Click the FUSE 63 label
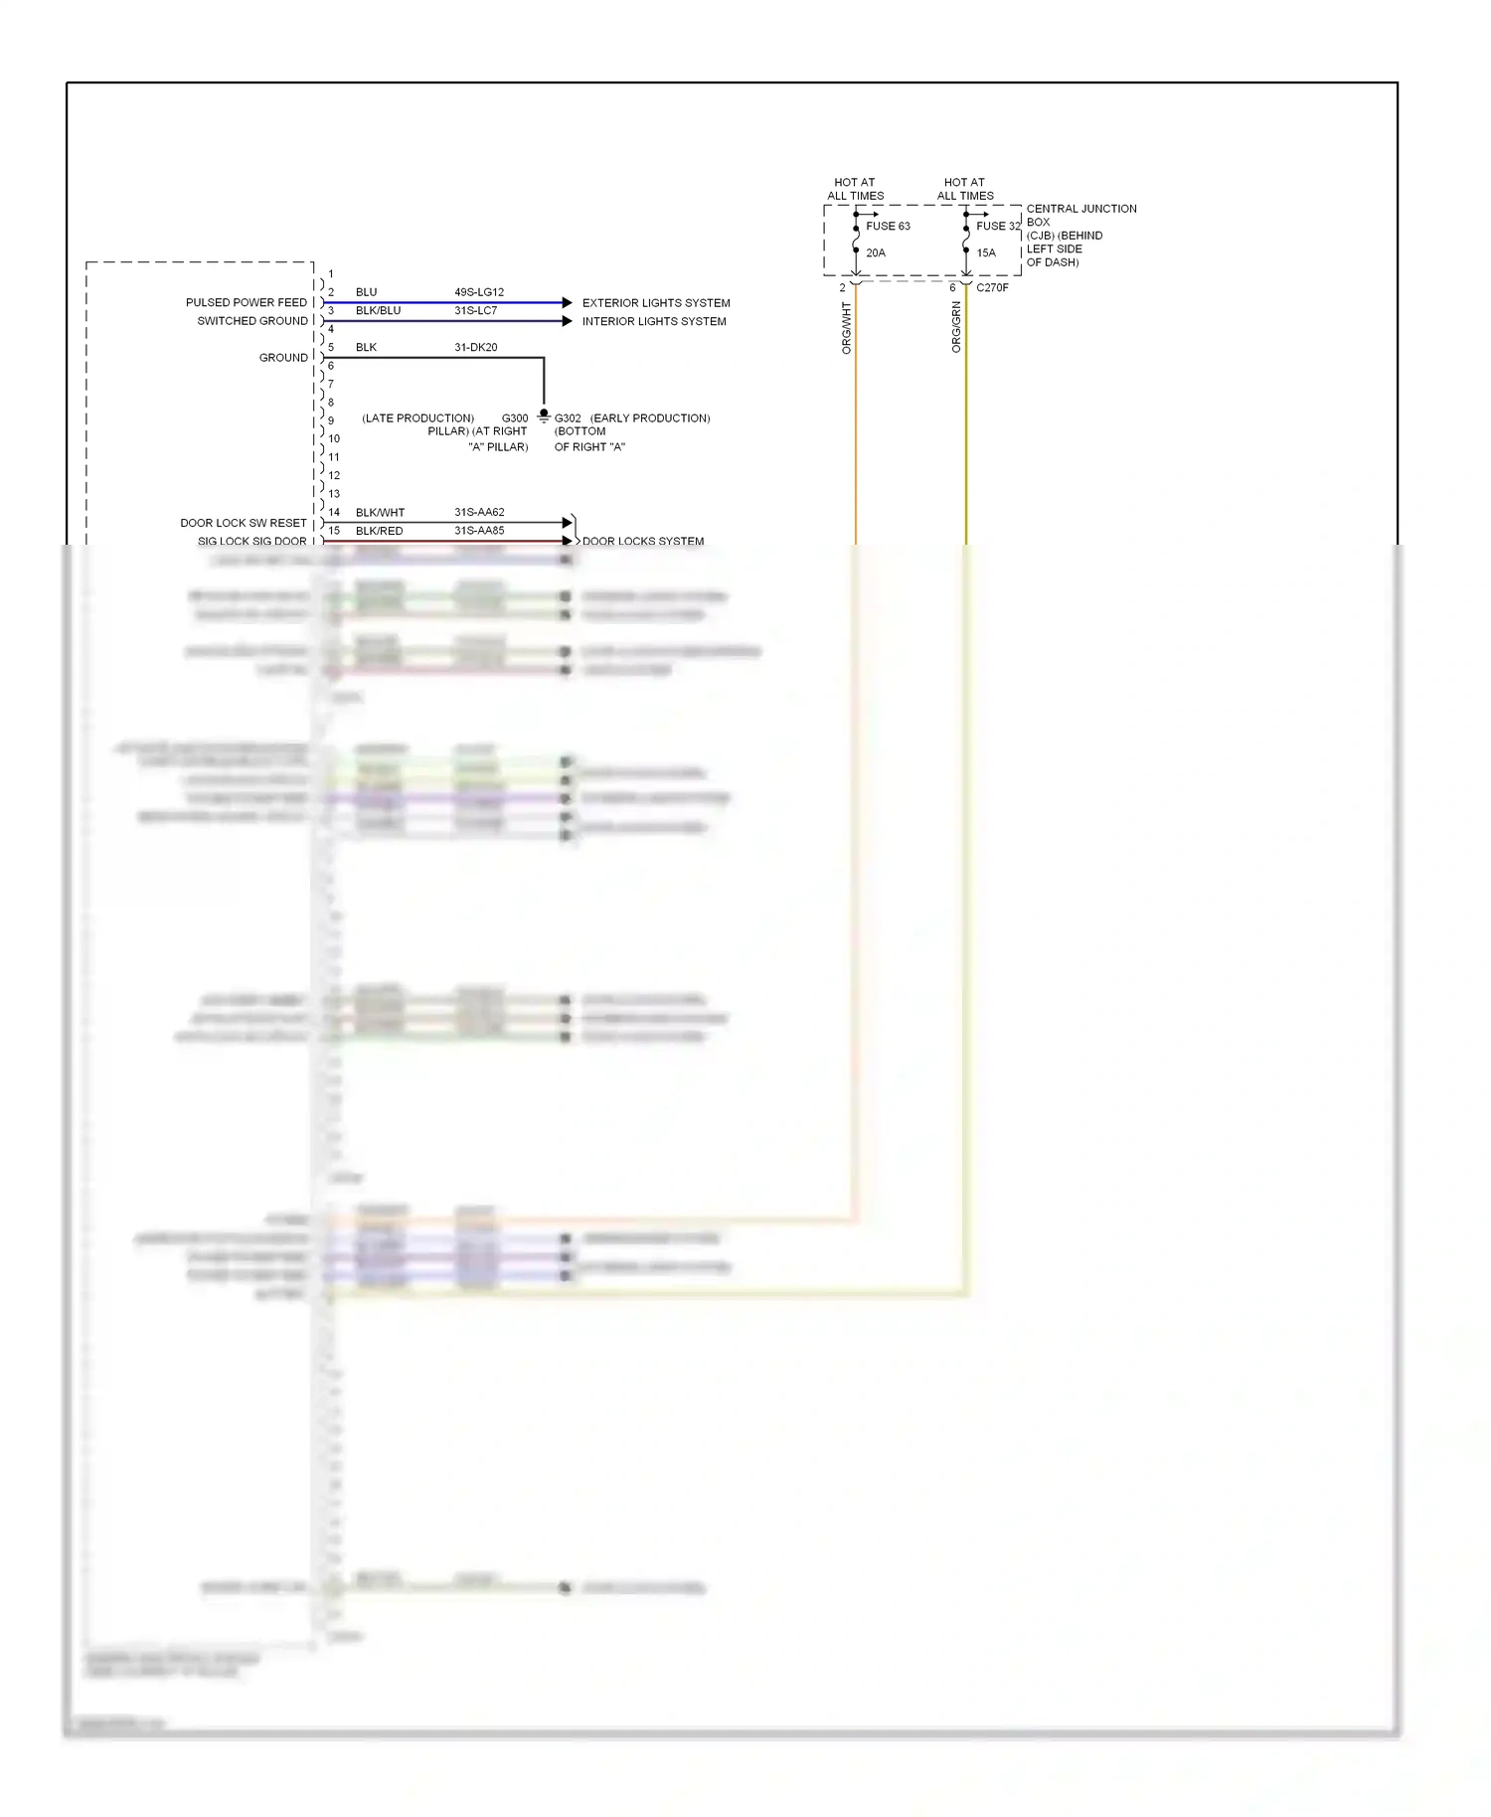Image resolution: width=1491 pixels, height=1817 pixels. tap(888, 226)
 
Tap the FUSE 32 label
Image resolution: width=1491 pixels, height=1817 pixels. tap(998, 226)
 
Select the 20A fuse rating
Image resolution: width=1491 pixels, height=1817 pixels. tap(876, 252)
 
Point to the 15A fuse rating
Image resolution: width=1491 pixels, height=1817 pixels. tap(986, 252)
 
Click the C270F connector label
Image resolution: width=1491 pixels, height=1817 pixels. tap(992, 287)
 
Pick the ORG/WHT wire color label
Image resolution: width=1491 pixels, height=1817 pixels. tap(847, 328)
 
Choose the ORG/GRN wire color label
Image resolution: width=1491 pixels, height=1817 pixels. tap(957, 327)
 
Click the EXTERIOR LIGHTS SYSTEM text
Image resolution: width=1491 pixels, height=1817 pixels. tap(656, 303)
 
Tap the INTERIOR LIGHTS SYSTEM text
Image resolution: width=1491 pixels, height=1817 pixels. tap(654, 321)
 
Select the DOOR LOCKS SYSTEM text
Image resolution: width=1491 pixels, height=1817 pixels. tap(643, 542)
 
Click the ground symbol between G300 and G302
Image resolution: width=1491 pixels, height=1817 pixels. tap(544, 415)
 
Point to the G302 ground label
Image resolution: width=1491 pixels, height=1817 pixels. tap(568, 418)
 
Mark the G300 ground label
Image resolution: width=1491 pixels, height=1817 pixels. tap(515, 418)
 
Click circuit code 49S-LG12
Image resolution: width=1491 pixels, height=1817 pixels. tap(479, 292)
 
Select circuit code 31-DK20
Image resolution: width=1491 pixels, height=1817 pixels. tap(476, 347)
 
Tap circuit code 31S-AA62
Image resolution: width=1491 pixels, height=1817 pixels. tap(479, 512)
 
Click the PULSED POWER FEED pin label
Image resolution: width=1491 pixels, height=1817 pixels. tap(247, 302)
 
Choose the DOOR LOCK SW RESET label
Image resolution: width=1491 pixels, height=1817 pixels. tap(244, 523)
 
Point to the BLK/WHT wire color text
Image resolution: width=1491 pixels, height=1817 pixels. tap(380, 513)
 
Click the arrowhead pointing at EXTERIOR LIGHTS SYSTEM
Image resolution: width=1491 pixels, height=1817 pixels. tap(568, 302)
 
